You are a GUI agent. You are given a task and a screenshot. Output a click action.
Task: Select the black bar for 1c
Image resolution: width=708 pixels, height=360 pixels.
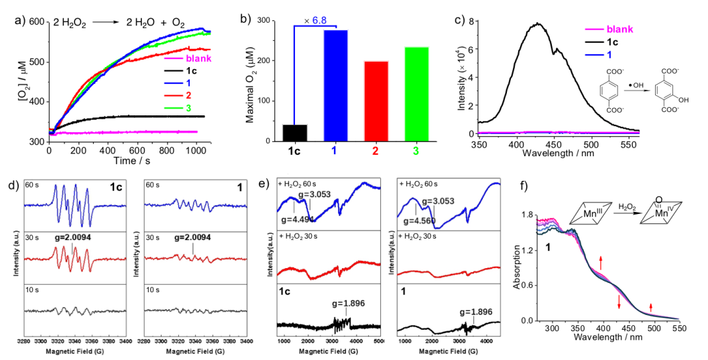pyautogui.click(x=295, y=133)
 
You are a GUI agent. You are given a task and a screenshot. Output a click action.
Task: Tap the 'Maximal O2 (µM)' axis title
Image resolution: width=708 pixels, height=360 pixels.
pyautogui.click(x=251, y=80)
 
